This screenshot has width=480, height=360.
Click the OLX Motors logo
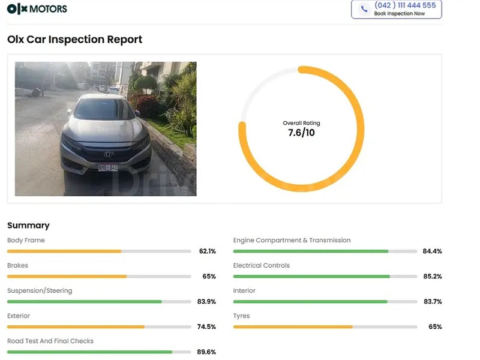click(37, 9)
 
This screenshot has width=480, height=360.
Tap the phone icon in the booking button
click(364, 9)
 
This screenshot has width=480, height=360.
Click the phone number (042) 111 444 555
click(405, 5)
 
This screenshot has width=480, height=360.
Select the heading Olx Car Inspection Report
click(75, 40)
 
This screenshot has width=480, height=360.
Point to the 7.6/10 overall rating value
click(301, 133)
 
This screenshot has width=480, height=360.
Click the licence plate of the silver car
click(108, 167)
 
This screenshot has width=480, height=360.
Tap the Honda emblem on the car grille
click(109, 154)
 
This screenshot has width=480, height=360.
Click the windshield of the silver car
click(104, 110)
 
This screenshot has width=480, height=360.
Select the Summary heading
click(28, 226)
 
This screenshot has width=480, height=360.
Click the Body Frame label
click(26, 241)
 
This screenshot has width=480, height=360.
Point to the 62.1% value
click(207, 251)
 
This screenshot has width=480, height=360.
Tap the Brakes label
click(17, 266)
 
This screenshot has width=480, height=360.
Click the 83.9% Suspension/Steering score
click(206, 302)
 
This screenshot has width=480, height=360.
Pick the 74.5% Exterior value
click(206, 327)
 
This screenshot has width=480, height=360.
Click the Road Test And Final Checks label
click(50, 341)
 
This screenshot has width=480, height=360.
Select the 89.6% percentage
click(206, 352)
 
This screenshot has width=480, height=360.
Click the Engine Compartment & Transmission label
click(292, 241)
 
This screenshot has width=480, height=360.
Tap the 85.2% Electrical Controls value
click(432, 277)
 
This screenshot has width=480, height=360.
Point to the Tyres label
click(241, 316)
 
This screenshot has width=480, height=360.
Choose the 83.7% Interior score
click(432, 302)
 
